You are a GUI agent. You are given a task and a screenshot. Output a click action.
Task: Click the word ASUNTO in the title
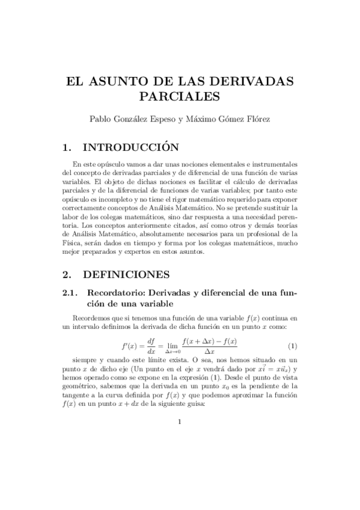122,81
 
